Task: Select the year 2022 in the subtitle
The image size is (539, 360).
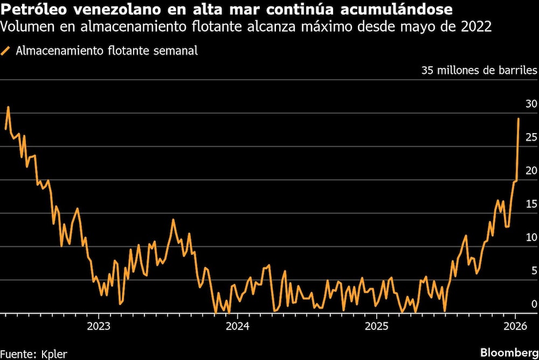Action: click(x=476, y=26)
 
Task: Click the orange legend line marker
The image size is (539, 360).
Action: click(x=6, y=51)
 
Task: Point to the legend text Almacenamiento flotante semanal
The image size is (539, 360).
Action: click(x=107, y=51)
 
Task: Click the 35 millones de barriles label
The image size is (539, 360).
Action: click(x=479, y=71)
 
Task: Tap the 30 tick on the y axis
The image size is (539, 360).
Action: click(x=531, y=103)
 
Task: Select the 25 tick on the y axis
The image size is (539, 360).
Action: click(x=531, y=137)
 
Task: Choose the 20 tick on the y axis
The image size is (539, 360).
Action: click(x=531, y=170)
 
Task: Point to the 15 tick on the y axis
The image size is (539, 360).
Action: click(x=531, y=204)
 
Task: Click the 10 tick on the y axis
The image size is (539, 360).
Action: click(x=531, y=237)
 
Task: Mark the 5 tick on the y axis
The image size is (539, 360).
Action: click(x=534, y=271)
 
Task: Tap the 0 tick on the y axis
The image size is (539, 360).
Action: click(x=534, y=304)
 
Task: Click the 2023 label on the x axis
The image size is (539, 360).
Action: click(x=99, y=326)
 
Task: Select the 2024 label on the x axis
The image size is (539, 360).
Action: click(x=237, y=326)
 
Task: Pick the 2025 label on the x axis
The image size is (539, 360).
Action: click(x=376, y=326)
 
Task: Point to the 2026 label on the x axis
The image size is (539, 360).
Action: click(x=515, y=326)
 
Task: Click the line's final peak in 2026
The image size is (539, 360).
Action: click(x=519, y=119)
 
